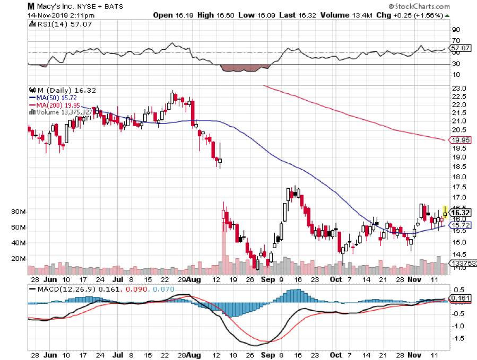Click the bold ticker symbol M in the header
click(x=31, y=6)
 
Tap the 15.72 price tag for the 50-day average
click(x=459, y=225)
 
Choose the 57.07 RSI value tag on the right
click(x=459, y=48)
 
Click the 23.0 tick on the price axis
click(x=459, y=88)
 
